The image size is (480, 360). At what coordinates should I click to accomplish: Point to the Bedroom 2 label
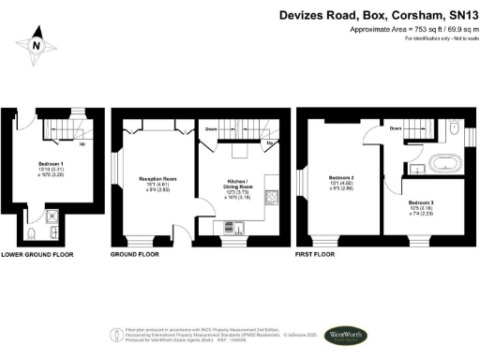(x=341, y=177)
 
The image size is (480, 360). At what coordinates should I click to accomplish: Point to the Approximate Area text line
(x=409, y=30)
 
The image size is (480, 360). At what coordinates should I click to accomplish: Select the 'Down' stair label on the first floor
(x=395, y=128)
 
